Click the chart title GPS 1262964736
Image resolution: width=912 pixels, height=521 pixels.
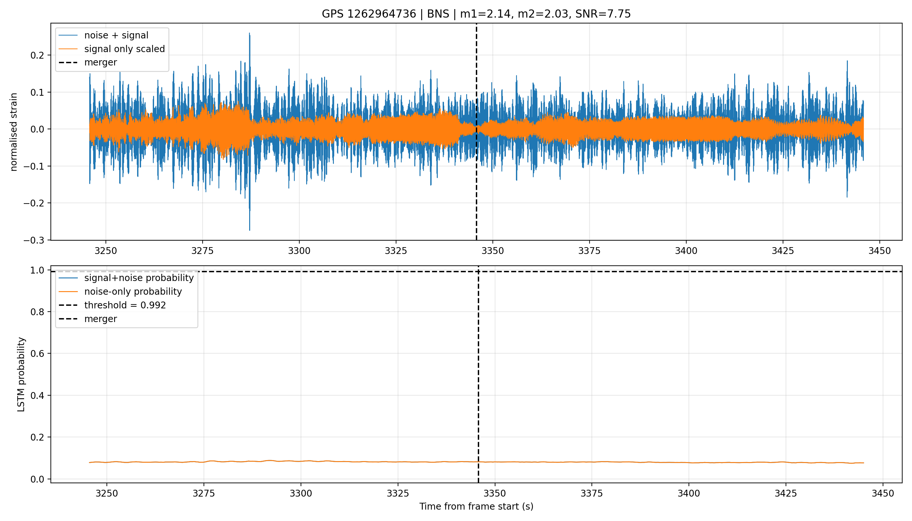click(x=369, y=14)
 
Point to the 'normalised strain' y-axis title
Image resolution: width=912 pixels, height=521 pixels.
click(x=14, y=132)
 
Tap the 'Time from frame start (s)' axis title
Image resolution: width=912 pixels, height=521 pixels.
click(x=477, y=507)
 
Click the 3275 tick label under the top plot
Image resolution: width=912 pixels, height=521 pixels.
click(x=203, y=251)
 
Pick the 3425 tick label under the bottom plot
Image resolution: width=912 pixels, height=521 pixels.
click(x=786, y=494)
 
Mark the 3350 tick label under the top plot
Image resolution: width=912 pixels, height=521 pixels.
click(x=493, y=251)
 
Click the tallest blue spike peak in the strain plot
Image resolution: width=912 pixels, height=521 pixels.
click(x=249, y=33)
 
